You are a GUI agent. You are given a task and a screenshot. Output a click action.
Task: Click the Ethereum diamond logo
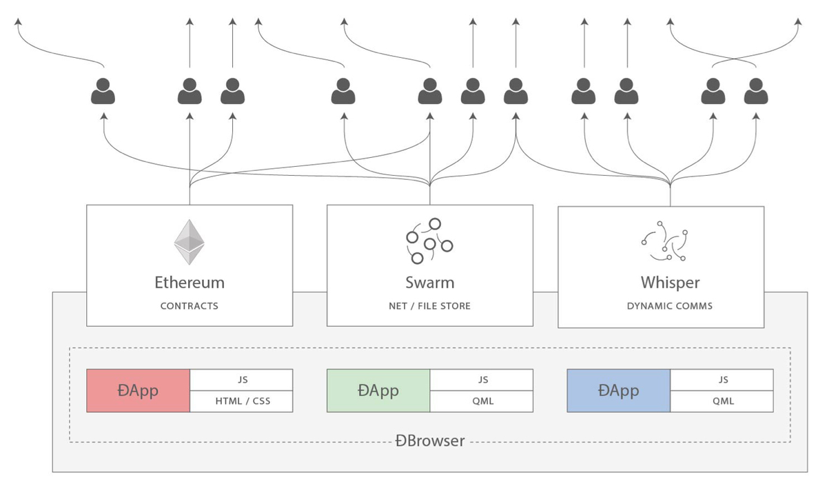[x=189, y=242]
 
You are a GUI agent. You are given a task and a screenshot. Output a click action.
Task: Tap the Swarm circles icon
[x=429, y=241]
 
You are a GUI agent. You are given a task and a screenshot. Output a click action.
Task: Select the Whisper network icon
[x=664, y=242]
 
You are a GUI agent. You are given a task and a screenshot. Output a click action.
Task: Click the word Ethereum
[x=189, y=283]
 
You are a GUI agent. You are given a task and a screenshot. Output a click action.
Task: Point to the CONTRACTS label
[x=189, y=305]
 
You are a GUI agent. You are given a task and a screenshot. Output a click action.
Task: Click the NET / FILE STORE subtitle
[x=429, y=305]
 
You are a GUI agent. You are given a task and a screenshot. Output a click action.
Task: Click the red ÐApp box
[x=138, y=391]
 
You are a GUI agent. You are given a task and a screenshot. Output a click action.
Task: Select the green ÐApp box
[x=378, y=391]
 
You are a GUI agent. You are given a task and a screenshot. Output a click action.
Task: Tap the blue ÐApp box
[x=618, y=391]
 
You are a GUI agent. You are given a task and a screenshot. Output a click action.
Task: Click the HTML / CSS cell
[x=241, y=401]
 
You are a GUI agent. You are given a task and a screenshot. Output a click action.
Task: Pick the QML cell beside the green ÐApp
[x=482, y=401]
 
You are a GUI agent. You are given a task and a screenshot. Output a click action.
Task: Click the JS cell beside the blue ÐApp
[x=722, y=380]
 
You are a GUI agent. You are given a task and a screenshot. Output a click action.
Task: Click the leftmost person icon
[x=103, y=91]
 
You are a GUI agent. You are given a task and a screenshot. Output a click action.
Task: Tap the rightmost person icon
[x=756, y=91]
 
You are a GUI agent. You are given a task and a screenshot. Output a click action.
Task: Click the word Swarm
[x=429, y=283]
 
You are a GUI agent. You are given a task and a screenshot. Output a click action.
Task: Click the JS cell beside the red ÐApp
[x=241, y=380]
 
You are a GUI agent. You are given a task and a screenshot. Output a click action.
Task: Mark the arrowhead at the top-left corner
[x=18, y=23]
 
